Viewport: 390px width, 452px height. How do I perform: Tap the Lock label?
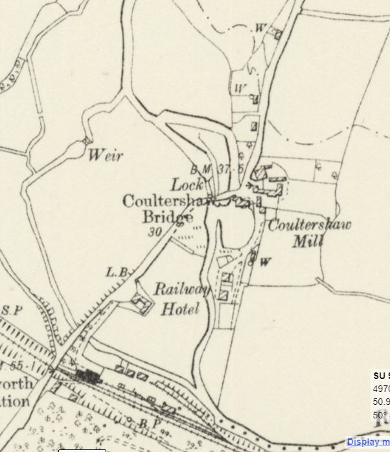pyautogui.click(x=188, y=184)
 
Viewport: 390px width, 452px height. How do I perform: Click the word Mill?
pyautogui.click(x=308, y=241)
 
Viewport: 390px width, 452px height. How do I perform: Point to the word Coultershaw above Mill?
pyautogui.click(x=309, y=226)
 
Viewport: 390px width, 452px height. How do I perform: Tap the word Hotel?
pyautogui.click(x=179, y=309)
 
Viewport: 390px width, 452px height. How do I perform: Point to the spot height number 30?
pyautogui.click(x=154, y=231)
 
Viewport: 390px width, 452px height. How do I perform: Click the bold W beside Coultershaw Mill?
pyautogui.click(x=265, y=262)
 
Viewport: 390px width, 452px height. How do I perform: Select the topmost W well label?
pyautogui.click(x=261, y=28)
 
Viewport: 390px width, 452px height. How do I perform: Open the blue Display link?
pyautogui.click(x=367, y=442)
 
